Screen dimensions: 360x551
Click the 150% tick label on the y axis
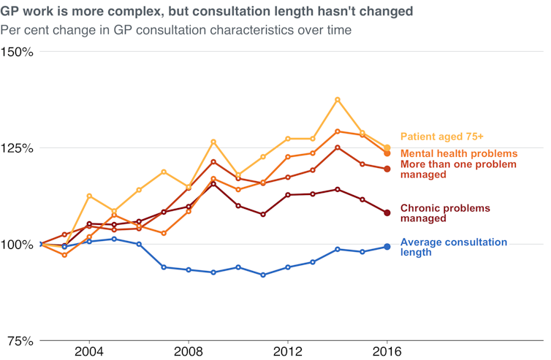point(16,52)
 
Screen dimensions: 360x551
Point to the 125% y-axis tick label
point(16,148)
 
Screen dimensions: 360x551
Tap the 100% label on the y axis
point(16,245)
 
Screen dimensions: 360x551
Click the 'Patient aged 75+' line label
point(441,137)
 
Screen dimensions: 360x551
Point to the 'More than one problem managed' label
point(458,169)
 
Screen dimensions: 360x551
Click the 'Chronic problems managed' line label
point(445,213)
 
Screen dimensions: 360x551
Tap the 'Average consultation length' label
point(453,247)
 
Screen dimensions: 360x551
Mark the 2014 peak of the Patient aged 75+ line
point(337,99)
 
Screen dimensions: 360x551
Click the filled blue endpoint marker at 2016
point(387,247)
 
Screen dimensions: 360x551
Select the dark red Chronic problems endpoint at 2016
point(387,213)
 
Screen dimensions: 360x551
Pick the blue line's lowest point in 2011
point(262,275)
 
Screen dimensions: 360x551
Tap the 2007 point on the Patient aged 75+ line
point(163,172)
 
